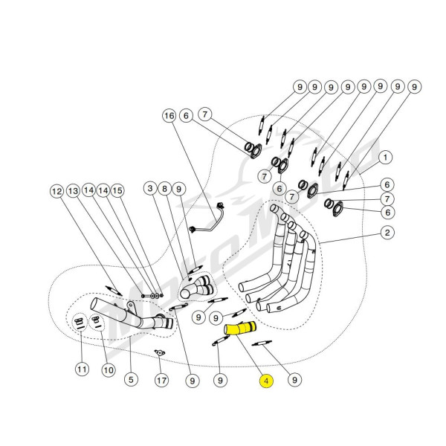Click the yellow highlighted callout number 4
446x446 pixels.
coord(267,381)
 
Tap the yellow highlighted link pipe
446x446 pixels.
coord(240,329)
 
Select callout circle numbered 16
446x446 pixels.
coord(169,116)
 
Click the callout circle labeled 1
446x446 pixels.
coord(385,158)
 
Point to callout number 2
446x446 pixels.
coord(387,233)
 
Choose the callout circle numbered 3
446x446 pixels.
coord(150,189)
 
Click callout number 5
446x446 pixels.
coord(131,379)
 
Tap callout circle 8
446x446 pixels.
coord(165,189)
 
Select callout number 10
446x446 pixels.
coord(109,370)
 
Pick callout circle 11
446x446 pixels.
coord(82,369)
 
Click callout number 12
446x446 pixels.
coord(57,191)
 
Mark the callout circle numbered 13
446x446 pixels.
coord(73,190)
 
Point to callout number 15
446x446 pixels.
coord(117,190)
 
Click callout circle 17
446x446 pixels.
coord(161,380)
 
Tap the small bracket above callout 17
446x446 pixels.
coord(160,352)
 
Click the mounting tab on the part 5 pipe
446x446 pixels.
coord(131,306)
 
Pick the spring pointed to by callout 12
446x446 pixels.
coord(114,291)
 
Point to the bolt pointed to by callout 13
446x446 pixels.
coord(146,296)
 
